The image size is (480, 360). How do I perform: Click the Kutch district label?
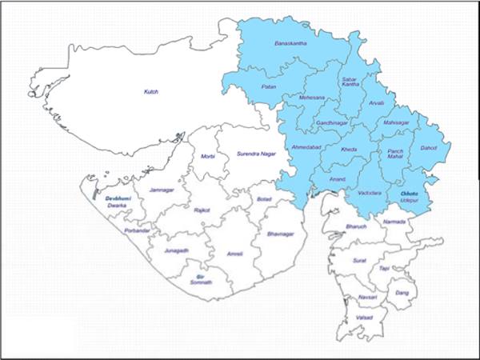(x=151, y=92)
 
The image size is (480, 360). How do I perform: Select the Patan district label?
(x=269, y=86)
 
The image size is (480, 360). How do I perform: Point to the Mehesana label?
(x=313, y=98)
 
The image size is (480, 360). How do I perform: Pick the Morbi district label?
(x=208, y=156)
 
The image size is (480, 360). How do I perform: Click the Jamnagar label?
(x=162, y=190)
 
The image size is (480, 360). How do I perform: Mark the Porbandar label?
(x=138, y=230)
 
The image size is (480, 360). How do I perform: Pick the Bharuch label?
(x=355, y=228)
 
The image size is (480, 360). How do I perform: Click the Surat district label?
(x=360, y=260)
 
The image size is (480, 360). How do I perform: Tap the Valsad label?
(x=362, y=316)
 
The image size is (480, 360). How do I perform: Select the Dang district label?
(x=402, y=294)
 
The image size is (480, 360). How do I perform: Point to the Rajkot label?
(x=202, y=210)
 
